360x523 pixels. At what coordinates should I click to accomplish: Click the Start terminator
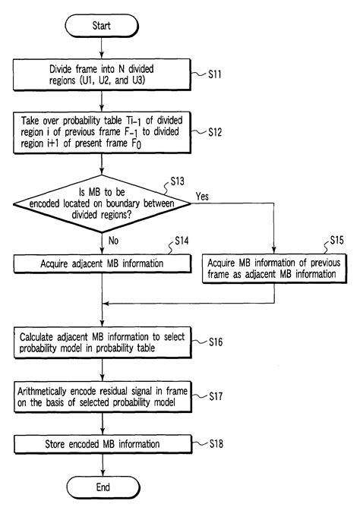pyautogui.click(x=102, y=26)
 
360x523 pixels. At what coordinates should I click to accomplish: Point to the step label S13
pyautogui.click(x=180, y=181)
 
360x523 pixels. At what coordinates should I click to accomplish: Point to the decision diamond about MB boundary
pyautogui.click(x=102, y=203)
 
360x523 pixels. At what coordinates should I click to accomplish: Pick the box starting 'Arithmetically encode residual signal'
pyautogui.click(x=102, y=395)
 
